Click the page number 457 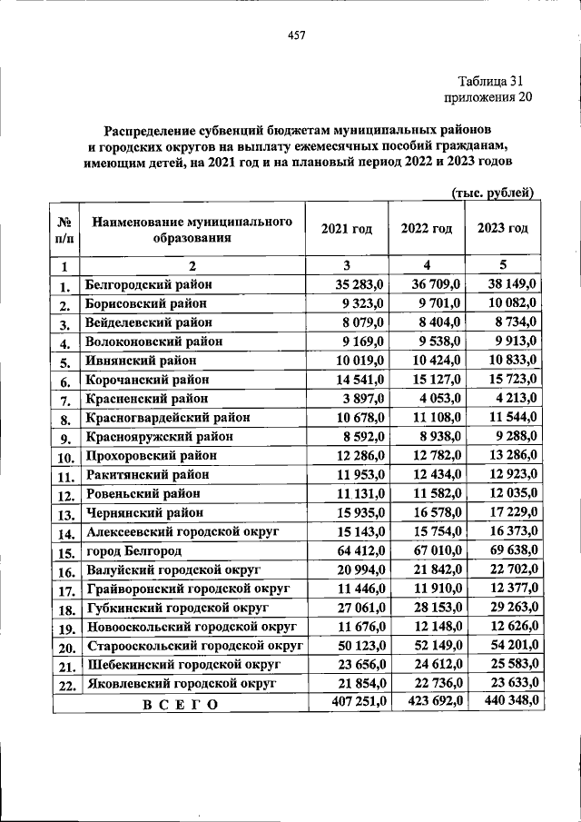(296, 36)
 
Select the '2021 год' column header (347, 229)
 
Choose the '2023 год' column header (502, 228)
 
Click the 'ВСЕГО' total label (180, 705)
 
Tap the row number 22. (65, 686)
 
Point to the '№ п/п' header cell (65, 230)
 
